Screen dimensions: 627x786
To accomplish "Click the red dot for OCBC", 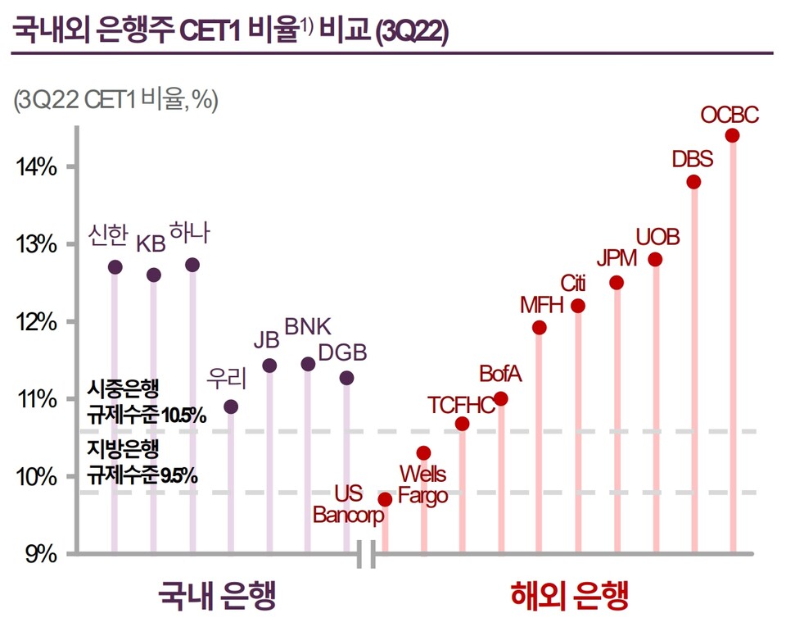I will (732, 135).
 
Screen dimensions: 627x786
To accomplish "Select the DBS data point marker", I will (693, 182).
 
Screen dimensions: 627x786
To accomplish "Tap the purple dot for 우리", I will (231, 407).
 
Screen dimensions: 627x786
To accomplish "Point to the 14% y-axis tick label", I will (35, 167).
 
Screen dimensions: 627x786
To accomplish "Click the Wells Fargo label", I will (422, 485).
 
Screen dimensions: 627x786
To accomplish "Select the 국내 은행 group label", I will (216, 596).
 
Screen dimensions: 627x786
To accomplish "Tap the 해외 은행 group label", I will (571, 596).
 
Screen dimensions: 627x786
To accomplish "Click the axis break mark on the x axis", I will (367, 555).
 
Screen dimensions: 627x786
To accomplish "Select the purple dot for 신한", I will (115, 267).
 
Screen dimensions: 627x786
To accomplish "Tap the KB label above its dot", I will (151, 244).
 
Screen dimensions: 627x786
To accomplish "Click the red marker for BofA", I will (501, 399).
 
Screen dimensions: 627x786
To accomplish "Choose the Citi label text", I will (573, 284).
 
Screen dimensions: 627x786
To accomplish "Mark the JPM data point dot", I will (617, 283).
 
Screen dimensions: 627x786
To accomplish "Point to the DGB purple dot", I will (346, 378).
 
